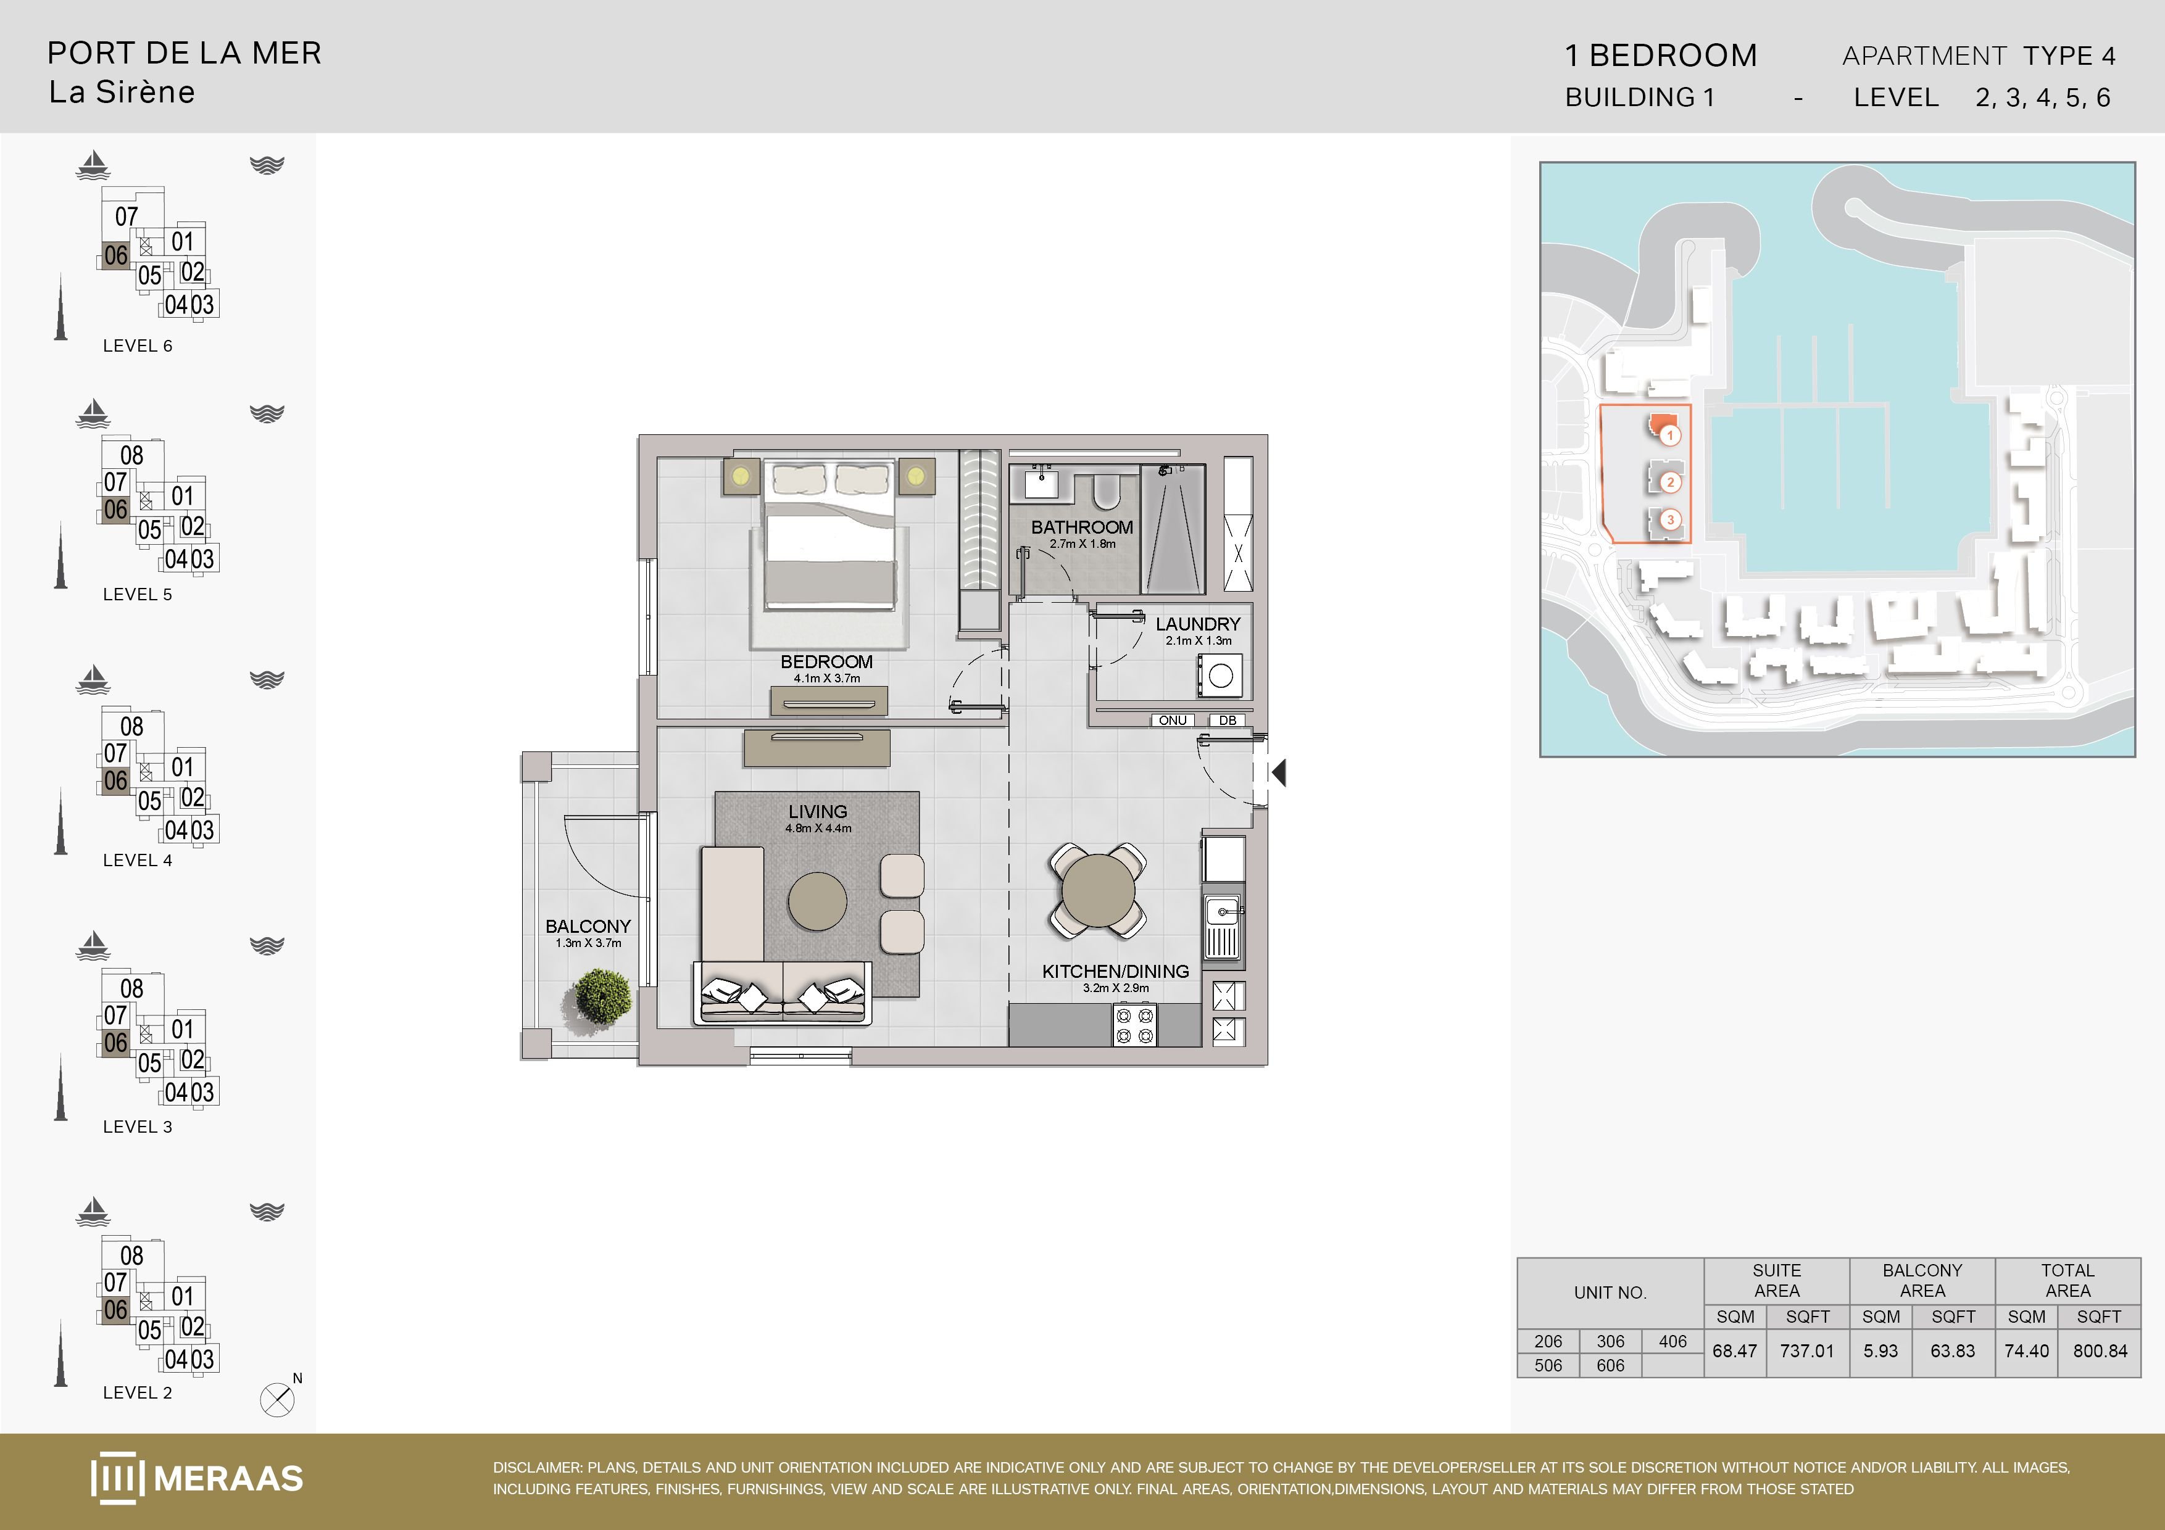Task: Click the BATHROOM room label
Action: (1081, 527)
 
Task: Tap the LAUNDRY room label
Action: (1197, 624)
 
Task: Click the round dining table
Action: (1099, 891)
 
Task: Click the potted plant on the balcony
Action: (602, 996)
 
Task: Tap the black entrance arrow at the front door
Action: (1279, 773)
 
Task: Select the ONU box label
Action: (1172, 720)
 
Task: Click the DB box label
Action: (1227, 720)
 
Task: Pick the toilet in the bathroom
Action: (1106, 490)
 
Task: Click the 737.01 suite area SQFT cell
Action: (1806, 1351)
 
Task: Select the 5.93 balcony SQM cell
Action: (1880, 1351)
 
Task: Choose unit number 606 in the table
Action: (1611, 1365)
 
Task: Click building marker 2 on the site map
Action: (1670, 482)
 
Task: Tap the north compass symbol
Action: (277, 1400)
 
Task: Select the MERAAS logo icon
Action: (118, 1477)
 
